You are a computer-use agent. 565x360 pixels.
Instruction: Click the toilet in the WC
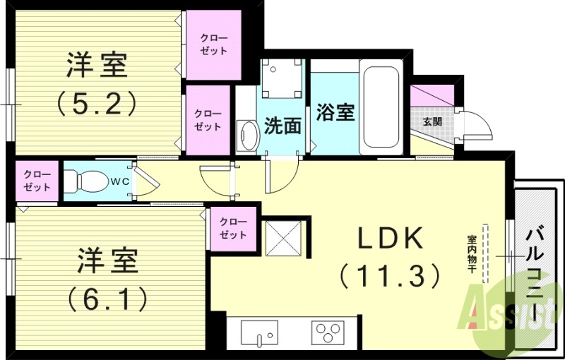(84, 181)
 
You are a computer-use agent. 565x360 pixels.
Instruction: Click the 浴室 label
(335, 112)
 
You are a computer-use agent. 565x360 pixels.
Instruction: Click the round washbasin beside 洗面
(247, 136)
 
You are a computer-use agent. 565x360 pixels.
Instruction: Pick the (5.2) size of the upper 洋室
(97, 104)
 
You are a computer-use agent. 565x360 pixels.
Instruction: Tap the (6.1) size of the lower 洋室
(107, 298)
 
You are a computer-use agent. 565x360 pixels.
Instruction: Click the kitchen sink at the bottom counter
(259, 332)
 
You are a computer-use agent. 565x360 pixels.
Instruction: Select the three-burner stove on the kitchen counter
(328, 331)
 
